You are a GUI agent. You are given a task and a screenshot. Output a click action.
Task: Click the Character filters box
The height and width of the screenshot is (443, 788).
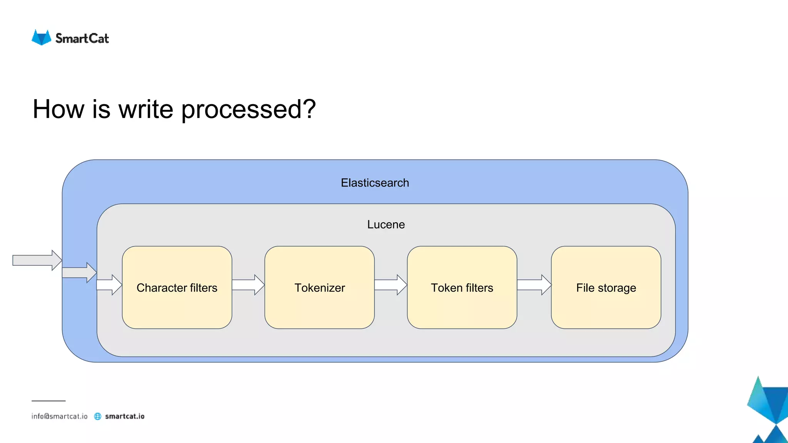[177, 287]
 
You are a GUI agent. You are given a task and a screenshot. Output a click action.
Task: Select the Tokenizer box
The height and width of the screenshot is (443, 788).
[319, 287]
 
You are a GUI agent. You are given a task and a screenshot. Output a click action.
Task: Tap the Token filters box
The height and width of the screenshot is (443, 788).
[462, 287]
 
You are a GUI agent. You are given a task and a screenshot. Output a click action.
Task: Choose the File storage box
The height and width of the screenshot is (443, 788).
[606, 287]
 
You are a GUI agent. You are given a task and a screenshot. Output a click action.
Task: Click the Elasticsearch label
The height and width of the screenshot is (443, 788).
[375, 183]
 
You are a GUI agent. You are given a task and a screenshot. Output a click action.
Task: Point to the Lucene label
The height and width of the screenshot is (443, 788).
[386, 225]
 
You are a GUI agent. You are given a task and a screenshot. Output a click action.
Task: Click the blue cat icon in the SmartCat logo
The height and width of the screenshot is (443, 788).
[41, 38]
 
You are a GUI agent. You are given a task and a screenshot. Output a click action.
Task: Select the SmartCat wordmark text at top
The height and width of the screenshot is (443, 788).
[82, 38]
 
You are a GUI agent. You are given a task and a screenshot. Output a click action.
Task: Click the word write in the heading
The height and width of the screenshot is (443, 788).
[146, 109]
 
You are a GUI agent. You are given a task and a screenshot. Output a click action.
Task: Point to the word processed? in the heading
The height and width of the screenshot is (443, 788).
[248, 110]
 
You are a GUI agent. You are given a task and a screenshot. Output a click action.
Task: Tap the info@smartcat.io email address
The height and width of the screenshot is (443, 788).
[60, 416]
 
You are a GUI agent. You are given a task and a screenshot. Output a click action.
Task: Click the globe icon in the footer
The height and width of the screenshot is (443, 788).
[98, 416]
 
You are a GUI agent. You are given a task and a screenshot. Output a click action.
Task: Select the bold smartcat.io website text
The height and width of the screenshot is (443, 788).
[125, 416]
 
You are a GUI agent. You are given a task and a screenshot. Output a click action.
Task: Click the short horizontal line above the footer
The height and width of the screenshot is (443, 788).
[48, 401]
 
